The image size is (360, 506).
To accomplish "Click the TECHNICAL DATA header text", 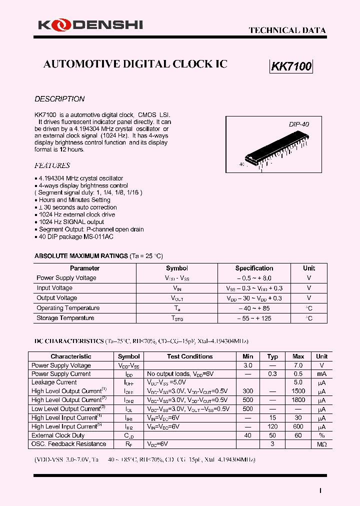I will tap(287, 30).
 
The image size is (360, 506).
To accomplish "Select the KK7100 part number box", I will tap(291, 66).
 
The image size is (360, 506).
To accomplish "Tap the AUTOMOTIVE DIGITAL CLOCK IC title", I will tap(135, 64).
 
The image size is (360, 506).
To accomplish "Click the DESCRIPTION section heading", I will tap(59, 99).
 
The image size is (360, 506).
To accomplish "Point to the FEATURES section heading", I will tap(52, 165).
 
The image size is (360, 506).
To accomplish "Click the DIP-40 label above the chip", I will tap(298, 124).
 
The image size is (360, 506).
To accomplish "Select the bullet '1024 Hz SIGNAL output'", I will tap(71, 222).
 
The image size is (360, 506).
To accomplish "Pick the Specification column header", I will tap(254, 268).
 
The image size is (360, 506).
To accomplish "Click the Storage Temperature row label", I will tap(65, 318).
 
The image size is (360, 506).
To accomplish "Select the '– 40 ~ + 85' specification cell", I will tap(254, 308).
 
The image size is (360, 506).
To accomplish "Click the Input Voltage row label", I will tap(54, 288).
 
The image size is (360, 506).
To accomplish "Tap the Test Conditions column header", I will tap(189, 356).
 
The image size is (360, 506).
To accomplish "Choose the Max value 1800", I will tap(298, 400).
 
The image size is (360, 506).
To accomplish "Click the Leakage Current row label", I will tap(54, 382).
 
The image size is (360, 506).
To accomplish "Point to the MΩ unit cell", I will tap(321, 444).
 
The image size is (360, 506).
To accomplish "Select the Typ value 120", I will tap(272, 426).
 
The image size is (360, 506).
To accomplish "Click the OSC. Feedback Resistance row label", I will tap(68, 444).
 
